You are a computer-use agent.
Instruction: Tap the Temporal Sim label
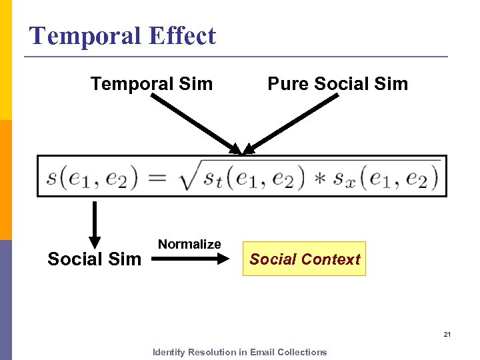click(x=151, y=84)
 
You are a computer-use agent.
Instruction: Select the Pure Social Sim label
click(x=337, y=84)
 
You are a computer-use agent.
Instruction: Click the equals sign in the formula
click(x=157, y=177)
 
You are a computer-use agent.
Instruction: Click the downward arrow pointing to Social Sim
click(x=95, y=223)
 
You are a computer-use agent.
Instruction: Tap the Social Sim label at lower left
click(x=94, y=259)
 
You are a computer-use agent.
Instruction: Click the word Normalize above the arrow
click(x=189, y=244)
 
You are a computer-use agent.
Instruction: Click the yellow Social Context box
click(x=305, y=259)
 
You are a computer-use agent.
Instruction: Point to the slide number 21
click(x=447, y=334)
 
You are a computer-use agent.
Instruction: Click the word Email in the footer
click(x=262, y=352)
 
